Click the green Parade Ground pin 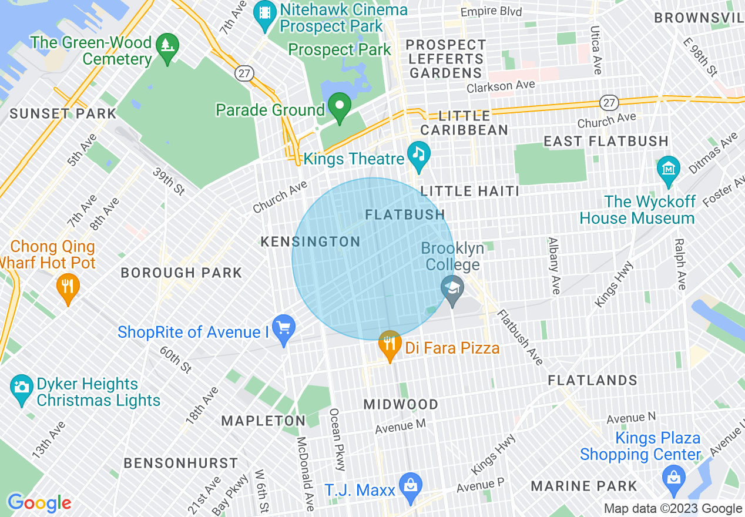coord(339,108)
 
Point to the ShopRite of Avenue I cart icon coord(284,330)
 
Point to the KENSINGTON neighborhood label coord(310,241)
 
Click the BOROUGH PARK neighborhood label coord(181,273)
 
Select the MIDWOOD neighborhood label coord(401,404)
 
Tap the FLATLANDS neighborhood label coord(592,380)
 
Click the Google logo coord(39,503)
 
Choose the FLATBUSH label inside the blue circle coord(405,215)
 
